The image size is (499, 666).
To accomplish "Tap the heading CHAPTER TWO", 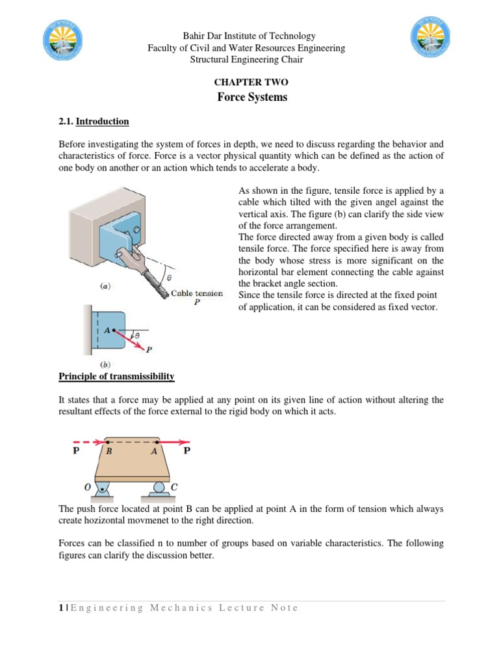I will point(250,83).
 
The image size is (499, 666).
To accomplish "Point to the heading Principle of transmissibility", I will point(116,376).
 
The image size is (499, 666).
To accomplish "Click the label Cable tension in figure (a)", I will point(196,293).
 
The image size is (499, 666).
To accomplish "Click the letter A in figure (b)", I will point(107,330).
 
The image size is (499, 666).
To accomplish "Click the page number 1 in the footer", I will point(60,607).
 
